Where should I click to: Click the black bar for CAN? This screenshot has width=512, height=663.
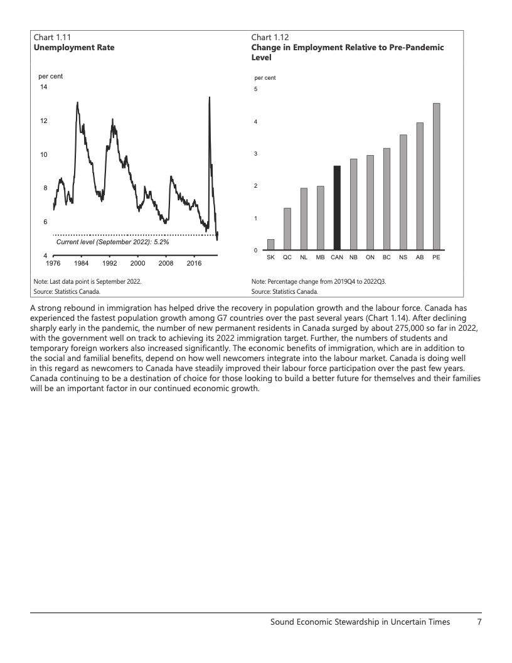point(337,207)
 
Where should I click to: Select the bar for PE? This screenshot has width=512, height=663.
point(436,176)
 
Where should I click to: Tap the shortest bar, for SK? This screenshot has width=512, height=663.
point(270,244)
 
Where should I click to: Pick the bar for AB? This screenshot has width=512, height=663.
point(420,186)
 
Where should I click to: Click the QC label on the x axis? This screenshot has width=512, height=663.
point(287,257)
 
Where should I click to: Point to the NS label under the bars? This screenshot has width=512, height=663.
point(403,257)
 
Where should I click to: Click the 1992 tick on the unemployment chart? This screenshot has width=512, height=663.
point(110,263)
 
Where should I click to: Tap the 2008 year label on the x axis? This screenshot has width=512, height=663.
point(166,263)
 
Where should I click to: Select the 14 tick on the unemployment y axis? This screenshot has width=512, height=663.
point(43,87)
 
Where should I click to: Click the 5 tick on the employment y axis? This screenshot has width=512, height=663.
point(255,89)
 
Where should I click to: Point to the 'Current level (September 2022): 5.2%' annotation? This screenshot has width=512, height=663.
point(112,242)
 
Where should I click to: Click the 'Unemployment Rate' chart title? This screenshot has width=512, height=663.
point(74,47)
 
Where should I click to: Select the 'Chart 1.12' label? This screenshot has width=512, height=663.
point(270,37)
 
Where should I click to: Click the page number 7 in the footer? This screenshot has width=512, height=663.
point(479,622)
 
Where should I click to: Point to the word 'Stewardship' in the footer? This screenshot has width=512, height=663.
point(354,622)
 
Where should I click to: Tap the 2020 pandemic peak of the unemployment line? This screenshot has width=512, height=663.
point(209,97)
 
